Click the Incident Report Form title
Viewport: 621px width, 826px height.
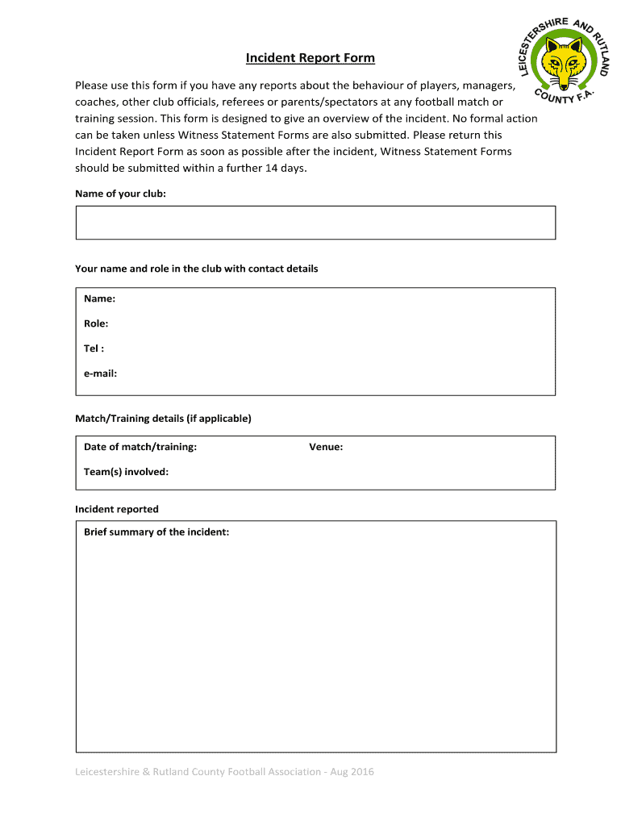(x=310, y=58)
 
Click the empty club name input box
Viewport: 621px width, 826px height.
(x=315, y=223)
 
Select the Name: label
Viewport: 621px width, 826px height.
(x=99, y=298)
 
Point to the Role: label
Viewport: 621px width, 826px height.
(x=96, y=323)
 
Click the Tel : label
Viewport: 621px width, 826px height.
(x=94, y=348)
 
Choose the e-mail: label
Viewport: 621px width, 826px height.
(x=101, y=373)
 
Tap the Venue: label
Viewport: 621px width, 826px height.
(x=326, y=447)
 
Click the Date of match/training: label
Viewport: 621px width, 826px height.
(x=140, y=447)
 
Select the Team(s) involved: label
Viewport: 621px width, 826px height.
(x=126, y=472)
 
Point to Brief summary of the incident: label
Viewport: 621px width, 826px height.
(x=156, y=532)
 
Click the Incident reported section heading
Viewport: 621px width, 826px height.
(x=117, y=509)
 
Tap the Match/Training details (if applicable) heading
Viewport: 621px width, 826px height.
(x=163, y=419)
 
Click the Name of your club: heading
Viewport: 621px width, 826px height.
(x=120, y=194)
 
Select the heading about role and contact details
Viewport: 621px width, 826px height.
(x=196, y=269)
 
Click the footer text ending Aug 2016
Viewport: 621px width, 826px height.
(x=224, y=772)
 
